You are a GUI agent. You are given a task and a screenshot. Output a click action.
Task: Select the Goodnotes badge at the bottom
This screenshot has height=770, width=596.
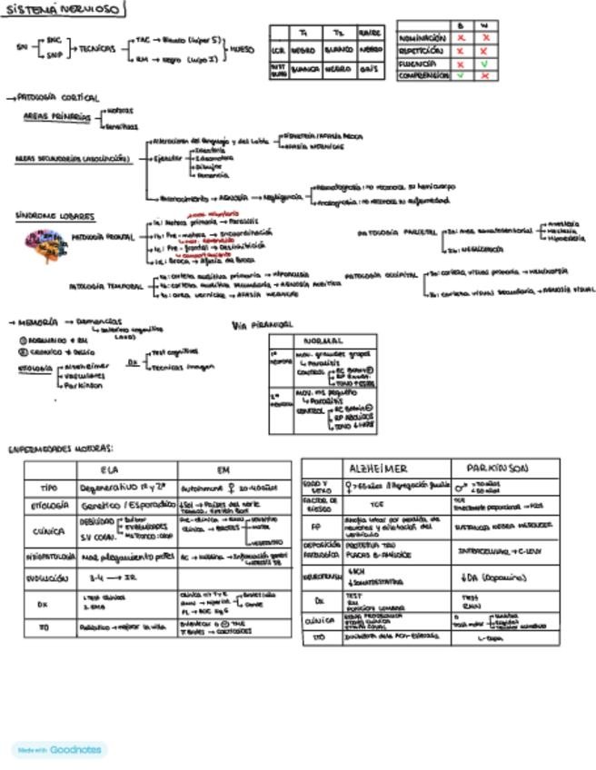(59, 750)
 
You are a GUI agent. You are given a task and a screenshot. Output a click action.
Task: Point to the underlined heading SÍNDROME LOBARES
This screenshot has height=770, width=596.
(55, 216)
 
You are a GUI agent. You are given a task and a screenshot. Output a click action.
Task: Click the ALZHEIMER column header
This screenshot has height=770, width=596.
(377, 468)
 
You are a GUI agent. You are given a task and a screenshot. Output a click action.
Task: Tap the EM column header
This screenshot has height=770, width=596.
(223, 469)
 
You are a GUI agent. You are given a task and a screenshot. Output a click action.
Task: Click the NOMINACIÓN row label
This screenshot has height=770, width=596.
(422, 39)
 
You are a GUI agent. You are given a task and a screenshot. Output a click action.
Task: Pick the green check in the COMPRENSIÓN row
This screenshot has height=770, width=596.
(462, 76)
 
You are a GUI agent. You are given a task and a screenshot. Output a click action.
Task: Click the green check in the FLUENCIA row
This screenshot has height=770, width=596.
(486, 64)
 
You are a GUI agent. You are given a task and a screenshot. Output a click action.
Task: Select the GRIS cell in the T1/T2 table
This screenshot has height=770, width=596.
(370, 67)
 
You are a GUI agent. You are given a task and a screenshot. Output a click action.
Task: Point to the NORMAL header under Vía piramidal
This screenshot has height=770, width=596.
(322, 341)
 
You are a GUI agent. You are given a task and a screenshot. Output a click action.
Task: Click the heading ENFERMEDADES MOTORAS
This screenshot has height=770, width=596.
(61, 449)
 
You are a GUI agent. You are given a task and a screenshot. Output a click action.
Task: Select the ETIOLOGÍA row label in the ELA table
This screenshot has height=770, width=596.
(51, 505)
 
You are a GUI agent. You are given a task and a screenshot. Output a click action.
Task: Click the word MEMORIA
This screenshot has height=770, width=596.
(38, 321)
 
